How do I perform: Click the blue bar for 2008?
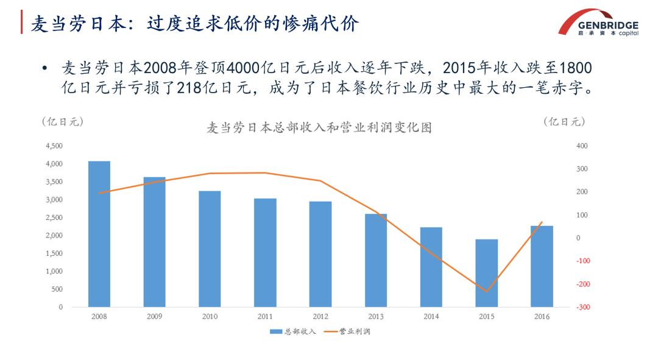(99, 234)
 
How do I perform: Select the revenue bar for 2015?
(486, 273)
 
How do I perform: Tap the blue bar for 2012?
(320, 254)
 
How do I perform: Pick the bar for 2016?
(542, 266)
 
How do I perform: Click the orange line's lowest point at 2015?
(486, 291)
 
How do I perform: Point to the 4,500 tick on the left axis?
(54, 146)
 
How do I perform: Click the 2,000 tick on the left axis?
(54, 236)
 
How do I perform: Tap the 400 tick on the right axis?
(582, 146)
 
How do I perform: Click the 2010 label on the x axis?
(210, 317)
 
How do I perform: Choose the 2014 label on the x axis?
(431, 317)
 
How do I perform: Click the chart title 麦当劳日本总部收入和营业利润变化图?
(319, 128)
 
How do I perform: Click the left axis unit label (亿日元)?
(63, 122)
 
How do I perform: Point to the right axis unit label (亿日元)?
(564, 122)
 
